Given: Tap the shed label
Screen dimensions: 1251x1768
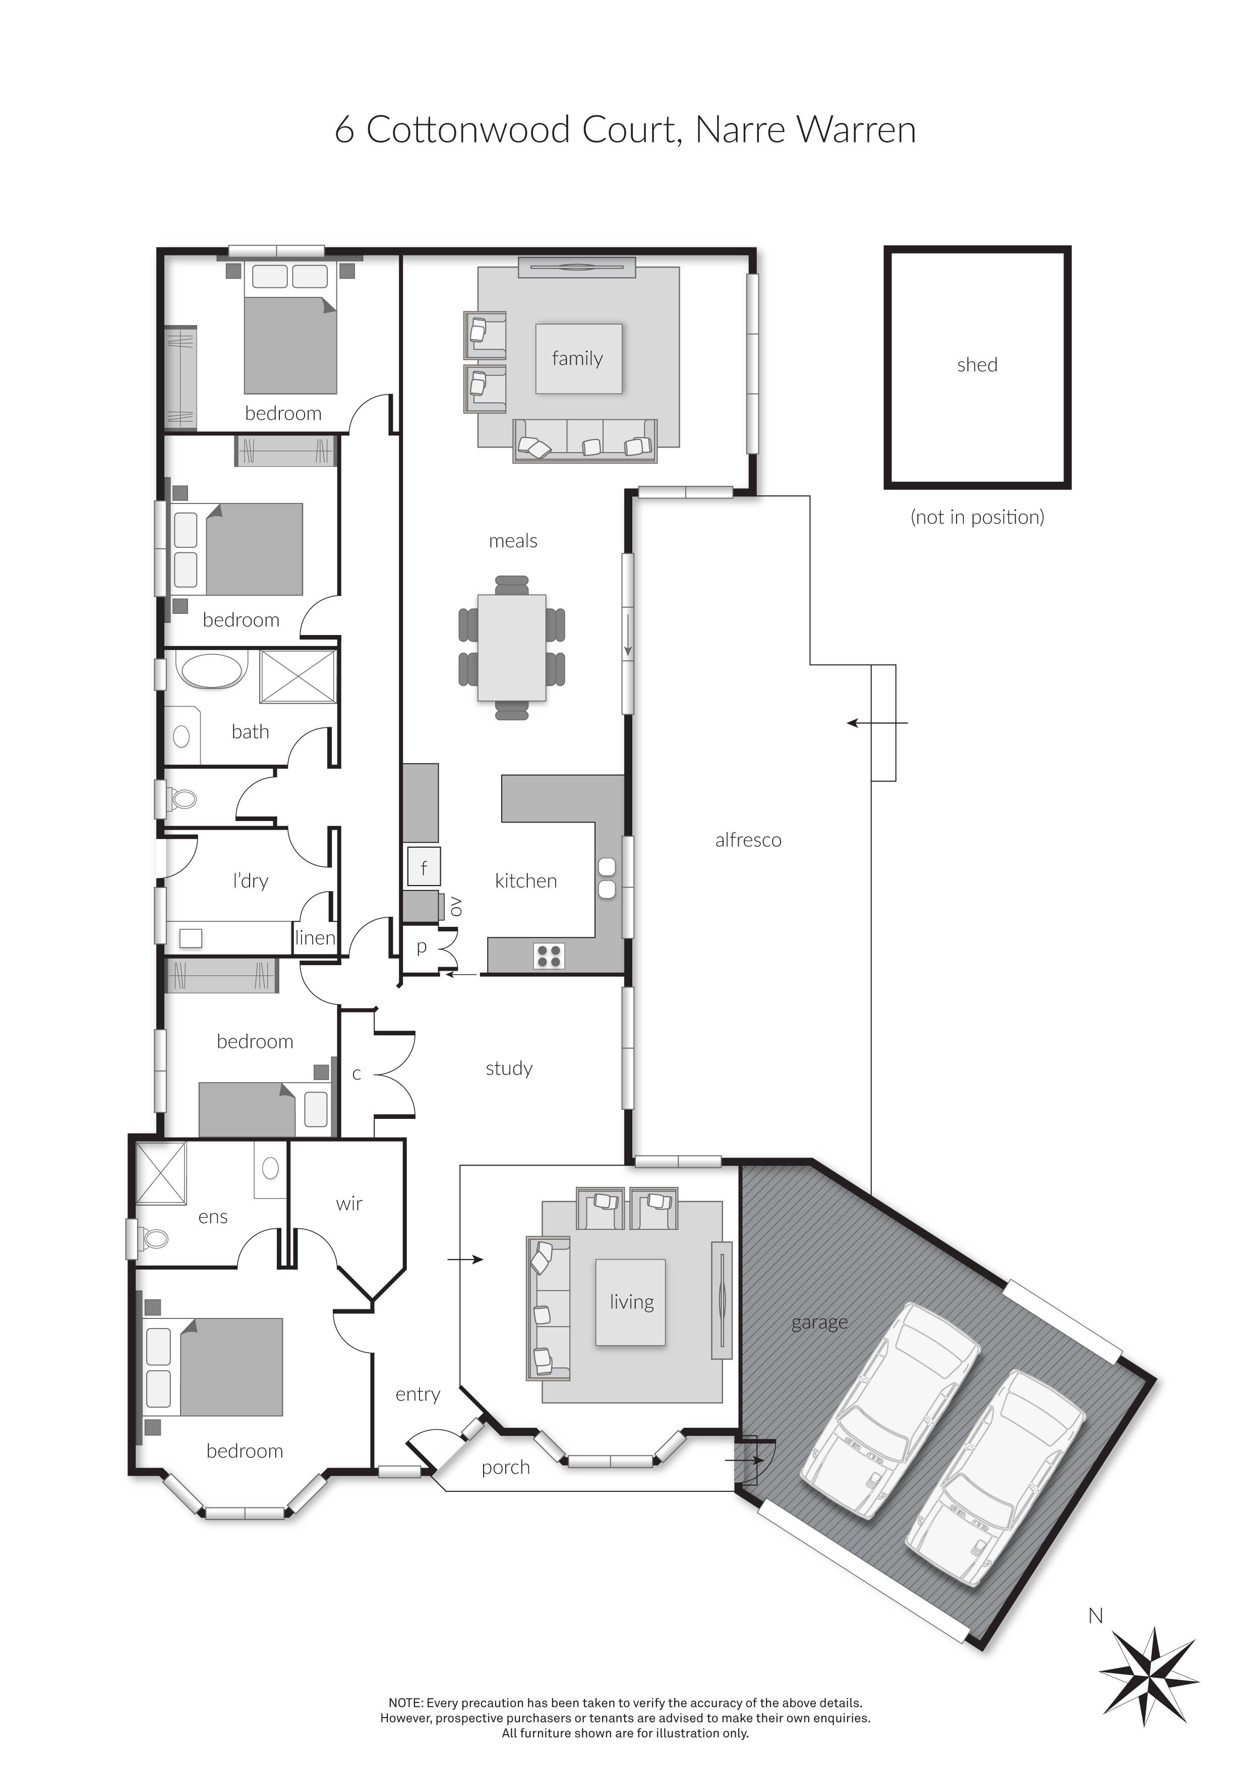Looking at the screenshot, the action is pos(977,365).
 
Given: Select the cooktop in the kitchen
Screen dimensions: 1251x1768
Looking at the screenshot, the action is pos(549,956).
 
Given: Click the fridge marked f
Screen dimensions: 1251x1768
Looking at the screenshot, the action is pos(424,866).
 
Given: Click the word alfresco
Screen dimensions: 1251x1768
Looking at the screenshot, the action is pos(748,840).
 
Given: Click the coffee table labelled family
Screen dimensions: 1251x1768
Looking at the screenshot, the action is pos(578,359).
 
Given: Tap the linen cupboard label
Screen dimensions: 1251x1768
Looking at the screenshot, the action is pos(315,938).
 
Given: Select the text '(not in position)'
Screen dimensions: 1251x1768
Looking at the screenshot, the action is pos(978,517).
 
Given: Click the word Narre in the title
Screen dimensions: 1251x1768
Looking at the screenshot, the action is pos(741,130).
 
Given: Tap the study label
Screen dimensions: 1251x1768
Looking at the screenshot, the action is pos(509,1068).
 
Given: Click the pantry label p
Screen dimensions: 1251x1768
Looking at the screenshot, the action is pos(422,947).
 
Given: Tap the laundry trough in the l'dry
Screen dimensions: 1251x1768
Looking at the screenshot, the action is pos(190,938).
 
